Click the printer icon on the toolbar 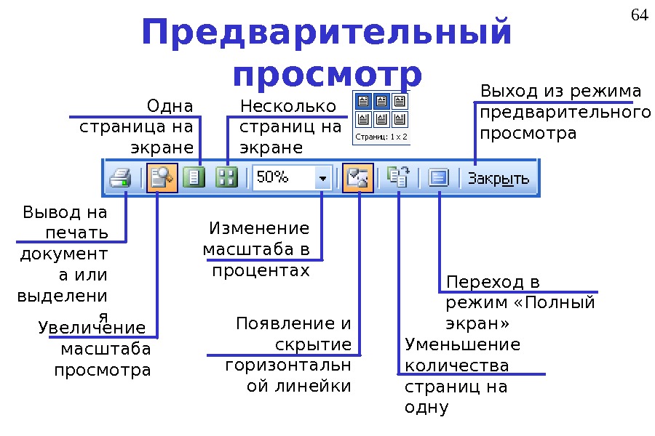click(120, 179)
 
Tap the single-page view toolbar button click(194, 178)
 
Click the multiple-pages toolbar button click(227, 178)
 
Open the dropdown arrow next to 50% click(322, 178)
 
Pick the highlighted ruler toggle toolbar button click(358, 178)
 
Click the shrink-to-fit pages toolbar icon click(399, 178)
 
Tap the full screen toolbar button click(439, 178)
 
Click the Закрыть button click(499, 179)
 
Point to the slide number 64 click(639, 15)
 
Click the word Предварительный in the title click(327, 33)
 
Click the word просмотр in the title click(327, 74)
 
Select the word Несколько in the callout click(288, 107)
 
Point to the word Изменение click(259, 229)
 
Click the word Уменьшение click(463, 344)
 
